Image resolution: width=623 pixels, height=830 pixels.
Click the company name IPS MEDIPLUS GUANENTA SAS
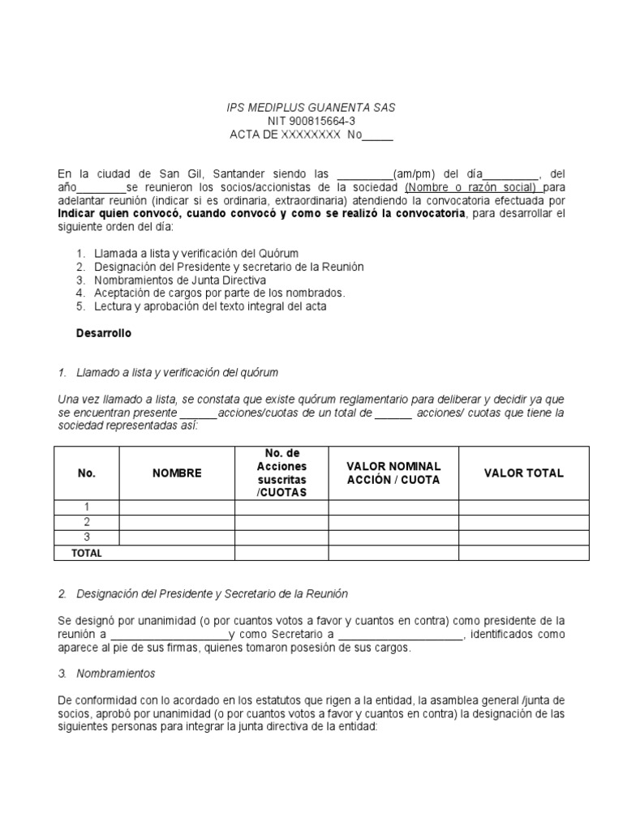click(311, 108)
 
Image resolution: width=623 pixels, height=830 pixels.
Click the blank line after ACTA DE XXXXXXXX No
click(376, 135)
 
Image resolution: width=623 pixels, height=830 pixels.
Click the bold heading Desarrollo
click(103, 333)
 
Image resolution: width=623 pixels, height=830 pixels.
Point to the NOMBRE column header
click(177, 473)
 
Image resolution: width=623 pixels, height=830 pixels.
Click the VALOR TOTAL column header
click(523, 473)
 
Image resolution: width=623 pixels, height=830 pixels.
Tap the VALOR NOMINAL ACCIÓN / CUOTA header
click(393, 473)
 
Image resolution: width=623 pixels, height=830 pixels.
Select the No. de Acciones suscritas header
click(281, 473)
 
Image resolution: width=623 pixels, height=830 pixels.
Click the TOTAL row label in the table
click(87, 553)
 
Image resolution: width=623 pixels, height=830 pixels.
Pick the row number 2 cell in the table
click(87, 523)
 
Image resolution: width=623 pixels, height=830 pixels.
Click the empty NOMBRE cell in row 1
click(177, 507)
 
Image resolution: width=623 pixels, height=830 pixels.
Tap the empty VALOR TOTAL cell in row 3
click(523, 537)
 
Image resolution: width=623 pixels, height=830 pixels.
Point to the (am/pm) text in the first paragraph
click(415, 174)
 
